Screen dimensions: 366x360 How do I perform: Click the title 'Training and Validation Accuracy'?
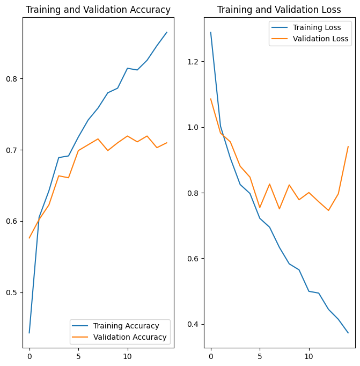click(x=98, y=10)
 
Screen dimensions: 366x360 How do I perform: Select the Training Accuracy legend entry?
click(x=126, y=326)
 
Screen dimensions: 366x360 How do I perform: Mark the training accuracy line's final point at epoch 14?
click(x=167, y=32)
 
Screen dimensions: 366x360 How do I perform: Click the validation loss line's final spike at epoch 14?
click(x=348, y=147)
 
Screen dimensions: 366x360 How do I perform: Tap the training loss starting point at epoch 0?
click(x=211, y=32)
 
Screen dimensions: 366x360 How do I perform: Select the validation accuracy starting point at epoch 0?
click(x=30, y=238)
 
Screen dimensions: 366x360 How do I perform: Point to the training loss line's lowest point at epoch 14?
click(x=348, y=333)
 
